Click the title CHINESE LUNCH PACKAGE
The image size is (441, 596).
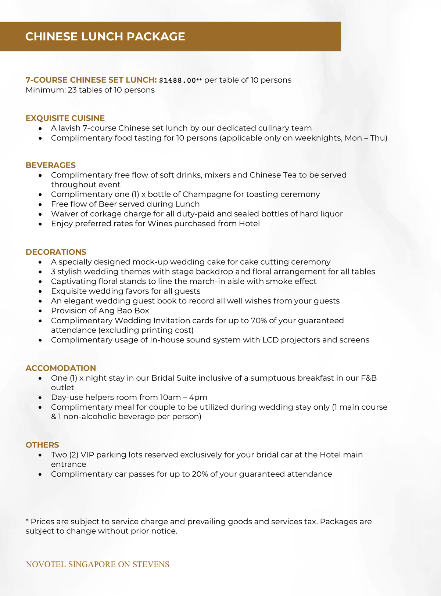pos(105,36)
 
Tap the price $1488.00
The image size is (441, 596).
pos(178,80)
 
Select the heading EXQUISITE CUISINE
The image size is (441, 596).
pos(65,118)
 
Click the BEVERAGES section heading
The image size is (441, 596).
pos(51,165)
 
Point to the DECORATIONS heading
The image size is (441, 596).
pos(56,252)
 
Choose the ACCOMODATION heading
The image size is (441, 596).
pos(61,368)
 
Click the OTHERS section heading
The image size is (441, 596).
pos(42,445)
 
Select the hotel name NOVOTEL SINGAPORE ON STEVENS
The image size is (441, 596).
pos(97,564)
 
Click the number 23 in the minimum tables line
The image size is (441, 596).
pos(72,90)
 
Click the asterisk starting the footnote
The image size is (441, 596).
pos(27,521)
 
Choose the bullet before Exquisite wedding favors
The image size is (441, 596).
pos(40,291)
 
